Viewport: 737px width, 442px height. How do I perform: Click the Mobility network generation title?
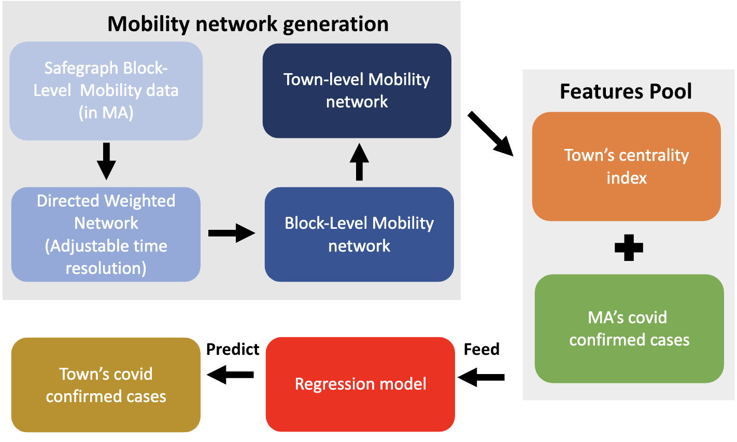pos(248,24)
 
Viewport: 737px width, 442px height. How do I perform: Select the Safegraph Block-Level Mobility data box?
pos(106,91)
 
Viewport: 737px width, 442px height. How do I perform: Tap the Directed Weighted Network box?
pos(106,234)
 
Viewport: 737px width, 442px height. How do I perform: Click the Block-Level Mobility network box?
pos(359,234)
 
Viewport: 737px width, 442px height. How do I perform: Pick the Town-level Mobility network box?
pos(357,91)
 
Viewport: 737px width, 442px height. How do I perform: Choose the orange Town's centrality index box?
pos(626,167)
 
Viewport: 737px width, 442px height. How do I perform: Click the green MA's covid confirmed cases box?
pos(629,329)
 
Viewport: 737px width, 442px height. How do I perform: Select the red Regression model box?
pos(360,384)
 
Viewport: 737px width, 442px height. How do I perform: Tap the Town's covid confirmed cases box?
pos(106,385)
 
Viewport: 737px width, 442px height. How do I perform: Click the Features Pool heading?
pos(626,91)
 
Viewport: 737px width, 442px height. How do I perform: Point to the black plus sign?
pos(629,248)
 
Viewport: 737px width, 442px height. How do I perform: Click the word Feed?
pos(481,349)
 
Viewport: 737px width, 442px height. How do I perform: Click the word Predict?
pos(233,349)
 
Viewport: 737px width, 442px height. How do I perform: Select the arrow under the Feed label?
pos(481,377)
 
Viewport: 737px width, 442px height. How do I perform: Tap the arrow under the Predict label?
pos(231,374)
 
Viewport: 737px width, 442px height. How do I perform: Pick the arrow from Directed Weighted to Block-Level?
pos(232,233)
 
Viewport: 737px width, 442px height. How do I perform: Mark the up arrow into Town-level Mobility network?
pos(359,162)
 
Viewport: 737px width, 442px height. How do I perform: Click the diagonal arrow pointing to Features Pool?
pos(490,133)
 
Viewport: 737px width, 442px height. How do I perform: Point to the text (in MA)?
pos(106,113)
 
